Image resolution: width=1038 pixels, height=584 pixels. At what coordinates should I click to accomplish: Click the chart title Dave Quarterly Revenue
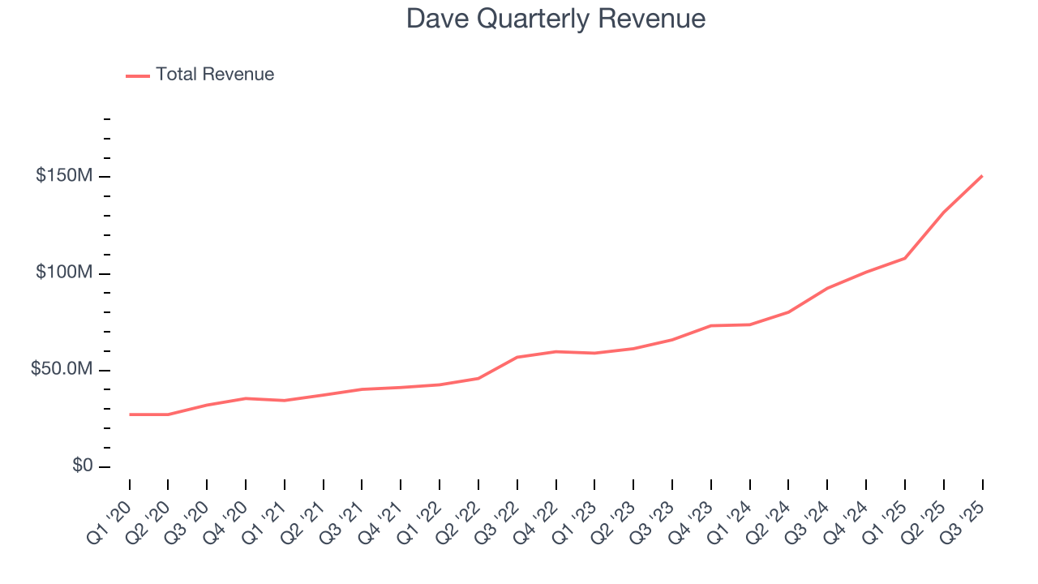[555, 19]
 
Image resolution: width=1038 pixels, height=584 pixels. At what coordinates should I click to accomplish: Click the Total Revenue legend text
[215, 75]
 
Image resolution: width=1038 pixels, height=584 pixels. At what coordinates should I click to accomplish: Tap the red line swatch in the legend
[138, 75]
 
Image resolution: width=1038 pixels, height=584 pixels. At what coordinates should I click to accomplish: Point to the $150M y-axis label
[64, 176]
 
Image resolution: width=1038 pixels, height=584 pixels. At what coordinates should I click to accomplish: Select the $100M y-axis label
[64, 273]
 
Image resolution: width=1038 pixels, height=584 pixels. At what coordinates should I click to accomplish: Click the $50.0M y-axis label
[62, 369]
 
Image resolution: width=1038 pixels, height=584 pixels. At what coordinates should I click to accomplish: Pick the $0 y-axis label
[81, 466]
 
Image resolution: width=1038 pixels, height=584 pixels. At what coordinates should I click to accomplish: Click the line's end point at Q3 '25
[982, 176]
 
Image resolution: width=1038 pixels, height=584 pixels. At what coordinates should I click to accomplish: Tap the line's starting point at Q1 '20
[130, 414]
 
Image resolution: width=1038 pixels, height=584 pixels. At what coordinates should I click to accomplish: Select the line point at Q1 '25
[905, 258]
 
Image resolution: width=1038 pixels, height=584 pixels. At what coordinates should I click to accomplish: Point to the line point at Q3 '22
[517, 357]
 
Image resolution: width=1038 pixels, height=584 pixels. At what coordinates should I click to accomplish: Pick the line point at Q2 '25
[944, 213]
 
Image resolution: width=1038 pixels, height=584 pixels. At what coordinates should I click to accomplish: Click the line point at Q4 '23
[711, 326]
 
